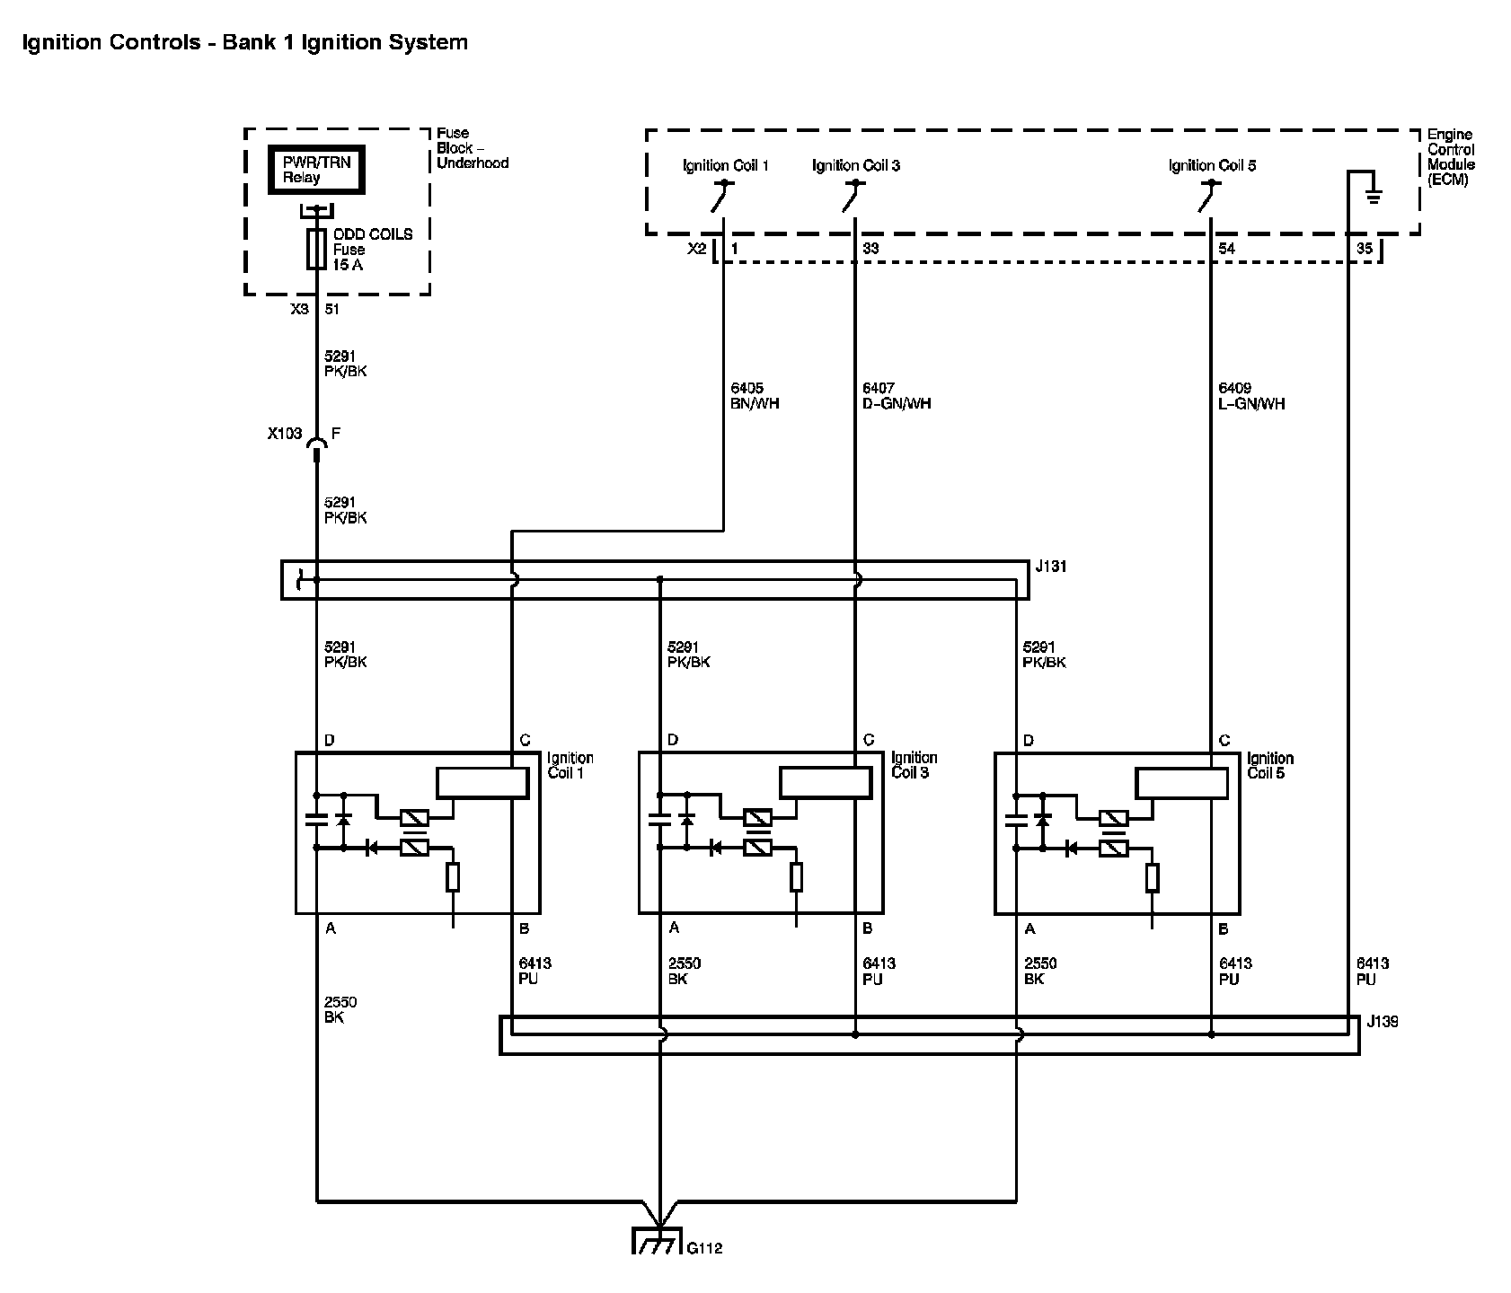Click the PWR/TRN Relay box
point(316,170)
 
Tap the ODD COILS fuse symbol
point(316,249)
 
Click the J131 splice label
point(1051,567)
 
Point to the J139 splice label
point(1382,1022)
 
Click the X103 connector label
point(284,434)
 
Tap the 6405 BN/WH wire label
point(755,396)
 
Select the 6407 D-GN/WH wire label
point(897,396)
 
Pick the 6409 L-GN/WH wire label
point(1251,396)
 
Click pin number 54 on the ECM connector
point(1225,249)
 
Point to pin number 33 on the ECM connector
point(870,249)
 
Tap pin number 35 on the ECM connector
point(1364,249)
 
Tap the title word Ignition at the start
point(56,43)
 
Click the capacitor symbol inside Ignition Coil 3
point(659,819)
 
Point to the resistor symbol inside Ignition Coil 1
point(453,876)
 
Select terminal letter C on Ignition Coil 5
point(1224,741)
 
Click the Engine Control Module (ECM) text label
point(1451,157)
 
